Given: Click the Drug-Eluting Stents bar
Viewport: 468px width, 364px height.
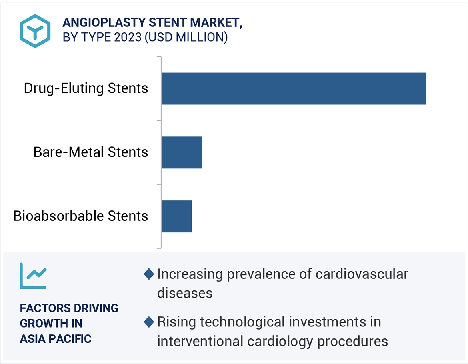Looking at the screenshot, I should tap(294, 88).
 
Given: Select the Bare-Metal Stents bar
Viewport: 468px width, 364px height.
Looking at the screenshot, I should tap(181, 152).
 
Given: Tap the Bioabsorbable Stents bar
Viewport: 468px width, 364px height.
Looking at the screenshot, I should tap(176, 216).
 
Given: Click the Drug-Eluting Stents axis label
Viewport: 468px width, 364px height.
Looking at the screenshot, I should tap(86, 88).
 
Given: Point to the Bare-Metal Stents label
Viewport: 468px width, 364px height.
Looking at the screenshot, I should tap(90, 152).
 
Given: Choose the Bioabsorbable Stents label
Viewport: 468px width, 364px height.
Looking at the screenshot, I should tap(80, 216).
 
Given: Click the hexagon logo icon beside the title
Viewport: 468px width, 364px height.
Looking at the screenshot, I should tap(35, 31).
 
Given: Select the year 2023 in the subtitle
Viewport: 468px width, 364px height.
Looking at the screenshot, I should tap(128, 37).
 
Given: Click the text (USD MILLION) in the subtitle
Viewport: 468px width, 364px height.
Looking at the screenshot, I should tap(186, 37).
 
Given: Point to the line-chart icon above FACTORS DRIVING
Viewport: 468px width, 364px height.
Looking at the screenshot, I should tap(33, 276).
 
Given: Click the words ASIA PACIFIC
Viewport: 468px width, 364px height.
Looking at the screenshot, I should tap(56, 339).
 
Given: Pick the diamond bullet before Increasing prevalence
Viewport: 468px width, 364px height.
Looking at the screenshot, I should tap(149, 274).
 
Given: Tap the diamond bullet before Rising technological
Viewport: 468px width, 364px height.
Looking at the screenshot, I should tap(149, 322).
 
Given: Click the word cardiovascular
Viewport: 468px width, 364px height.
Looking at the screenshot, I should tap(362, 274).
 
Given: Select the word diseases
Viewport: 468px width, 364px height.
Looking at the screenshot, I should tap(184, 293).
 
